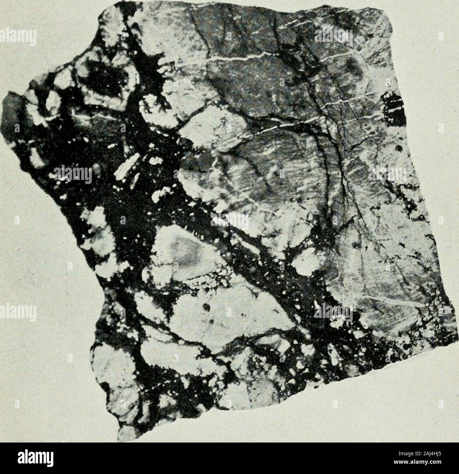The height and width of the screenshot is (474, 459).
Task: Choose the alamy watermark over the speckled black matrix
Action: pos(72,173)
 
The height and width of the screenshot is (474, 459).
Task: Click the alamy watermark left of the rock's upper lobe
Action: pos(18,46)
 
